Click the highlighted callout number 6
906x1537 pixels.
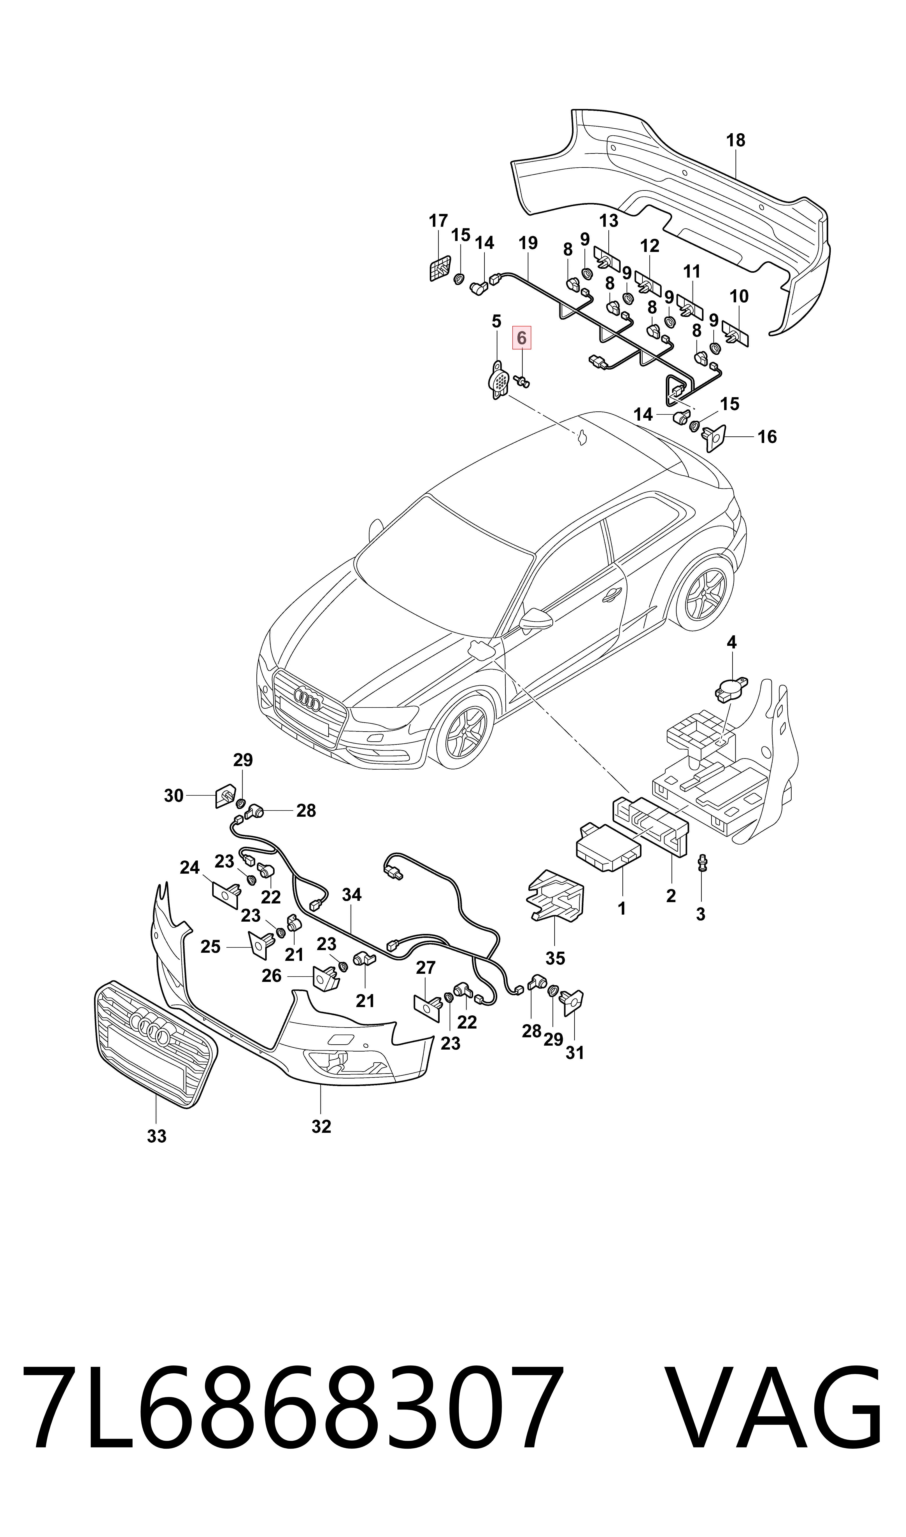coord(521,337)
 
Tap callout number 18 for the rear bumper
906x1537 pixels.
coord(736,140)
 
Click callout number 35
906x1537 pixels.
coord(555,958)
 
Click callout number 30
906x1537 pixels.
coord(174,796)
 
